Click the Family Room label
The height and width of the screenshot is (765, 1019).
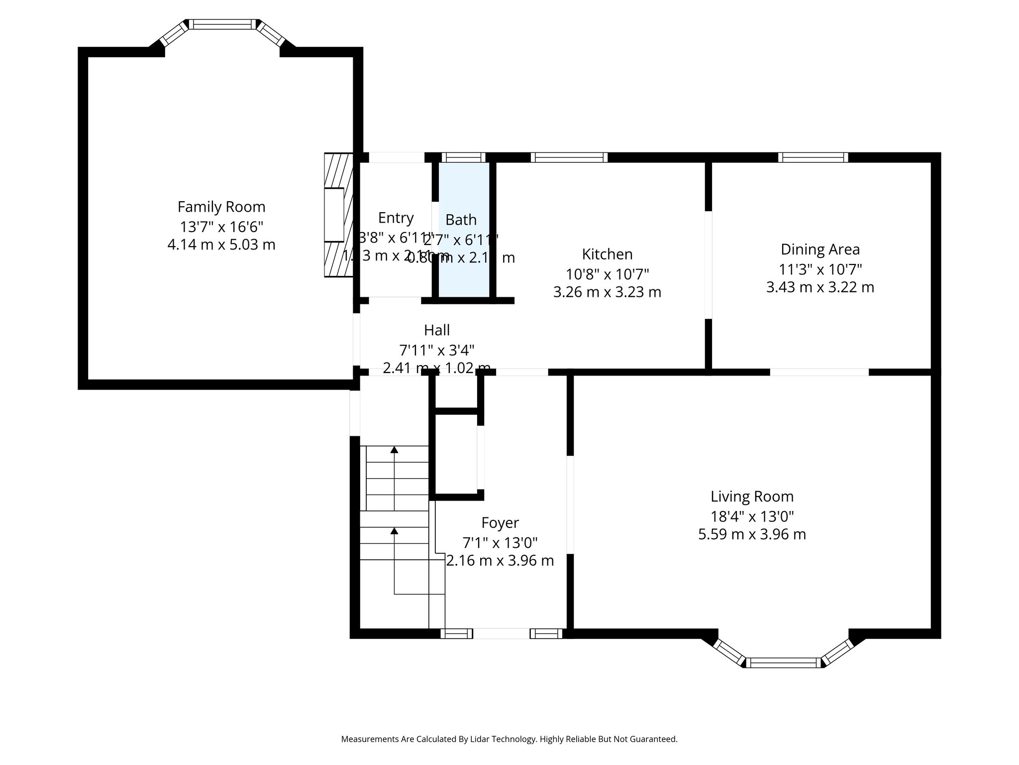pos(221,207)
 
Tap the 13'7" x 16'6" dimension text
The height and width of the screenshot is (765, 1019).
pos(221,227)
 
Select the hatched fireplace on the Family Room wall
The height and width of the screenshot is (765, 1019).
pos(338,215)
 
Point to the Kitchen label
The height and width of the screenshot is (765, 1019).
pos(607,254)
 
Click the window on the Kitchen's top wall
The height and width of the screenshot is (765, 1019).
pos(569,157)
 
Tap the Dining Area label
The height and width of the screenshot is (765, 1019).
pos(820,249)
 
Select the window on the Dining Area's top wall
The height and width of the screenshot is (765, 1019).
pos(813,157)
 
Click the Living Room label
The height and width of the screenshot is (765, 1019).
pos(752,497)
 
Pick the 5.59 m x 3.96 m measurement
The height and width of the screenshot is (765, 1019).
pos(752,534)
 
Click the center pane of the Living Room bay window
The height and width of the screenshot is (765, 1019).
pos(784,662)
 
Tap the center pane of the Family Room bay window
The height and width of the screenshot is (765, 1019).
pos(222,24)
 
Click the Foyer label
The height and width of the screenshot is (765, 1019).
pos(500,522)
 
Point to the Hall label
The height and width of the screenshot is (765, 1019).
pos(437,330)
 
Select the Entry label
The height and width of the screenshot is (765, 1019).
pos(396,218)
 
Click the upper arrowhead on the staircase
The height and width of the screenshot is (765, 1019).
pos(395,450)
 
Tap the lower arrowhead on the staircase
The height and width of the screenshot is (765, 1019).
pos(395,531)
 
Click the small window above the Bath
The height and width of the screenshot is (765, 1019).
pos(463,157)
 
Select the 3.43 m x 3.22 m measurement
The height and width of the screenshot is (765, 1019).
pos(820,287)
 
